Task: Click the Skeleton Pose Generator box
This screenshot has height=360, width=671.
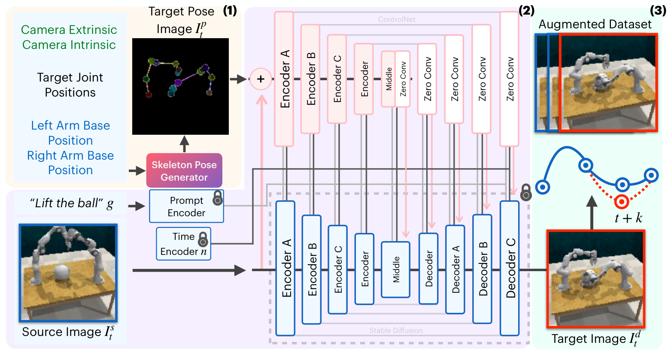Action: [184, 170]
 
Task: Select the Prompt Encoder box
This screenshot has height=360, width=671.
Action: [186, 206]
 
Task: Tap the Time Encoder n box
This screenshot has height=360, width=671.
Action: [183, 243]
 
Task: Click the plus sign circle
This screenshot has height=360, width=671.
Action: [261, 79]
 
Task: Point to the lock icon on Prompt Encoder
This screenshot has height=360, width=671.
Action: [218, 198]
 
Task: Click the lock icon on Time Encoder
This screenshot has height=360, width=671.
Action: [203, 239]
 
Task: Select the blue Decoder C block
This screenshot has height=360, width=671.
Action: [510, 268]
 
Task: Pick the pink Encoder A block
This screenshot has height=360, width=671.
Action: [284, 79]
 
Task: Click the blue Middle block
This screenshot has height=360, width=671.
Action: [395, 269]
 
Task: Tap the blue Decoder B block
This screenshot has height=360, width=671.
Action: [482, 269]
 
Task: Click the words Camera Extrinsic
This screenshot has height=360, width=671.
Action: [69, 30]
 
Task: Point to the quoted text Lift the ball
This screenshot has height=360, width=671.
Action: [66, 203]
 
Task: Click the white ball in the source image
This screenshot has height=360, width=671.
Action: [62, 272]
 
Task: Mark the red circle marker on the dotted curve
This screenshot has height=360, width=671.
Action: [622, 202]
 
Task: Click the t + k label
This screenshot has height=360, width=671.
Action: [628, 218]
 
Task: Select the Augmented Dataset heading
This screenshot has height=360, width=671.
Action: [595, 24]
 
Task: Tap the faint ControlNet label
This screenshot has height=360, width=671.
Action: [397, 19]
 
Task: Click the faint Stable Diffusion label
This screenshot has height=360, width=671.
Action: [396, 330]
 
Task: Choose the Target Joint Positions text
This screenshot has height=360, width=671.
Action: [70, 85]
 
